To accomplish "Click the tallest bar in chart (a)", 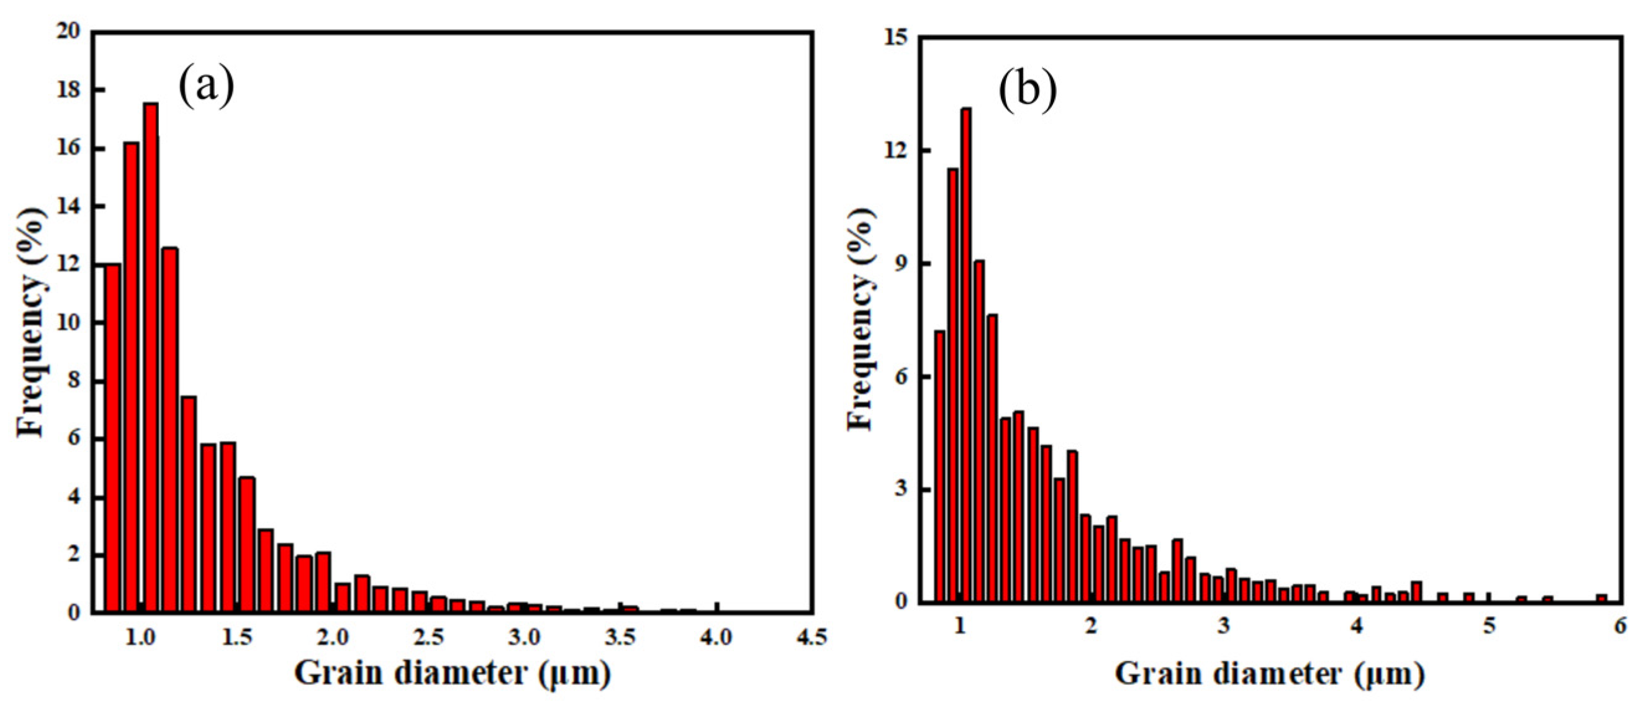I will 151,357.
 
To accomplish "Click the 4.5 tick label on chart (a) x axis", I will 811,637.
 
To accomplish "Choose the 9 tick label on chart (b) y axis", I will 901,265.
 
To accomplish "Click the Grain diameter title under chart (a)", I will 453,673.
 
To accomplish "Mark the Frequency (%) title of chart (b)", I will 861,318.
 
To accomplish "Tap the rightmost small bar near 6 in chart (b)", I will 1601,598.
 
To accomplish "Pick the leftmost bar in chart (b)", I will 939,466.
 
